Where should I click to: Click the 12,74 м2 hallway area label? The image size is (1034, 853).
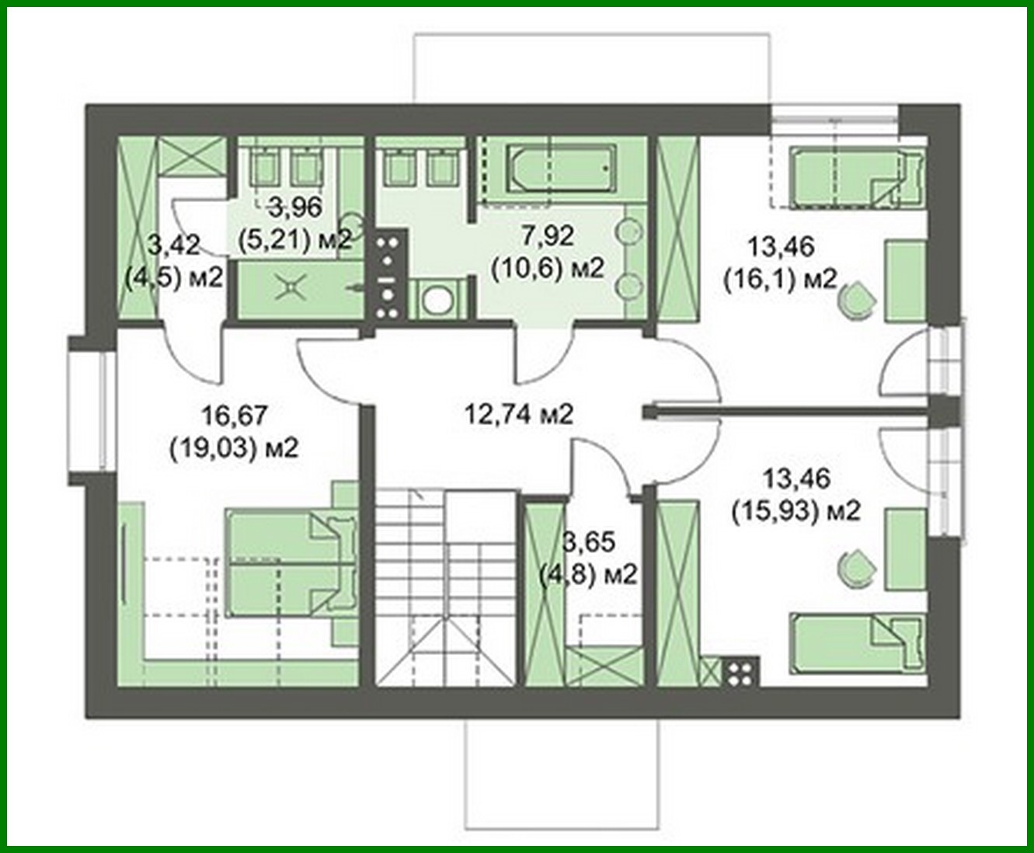[x=518, y=414]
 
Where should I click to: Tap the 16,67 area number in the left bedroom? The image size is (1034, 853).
[x=235, y=415]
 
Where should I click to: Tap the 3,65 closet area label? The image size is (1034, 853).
[x=590, y=542]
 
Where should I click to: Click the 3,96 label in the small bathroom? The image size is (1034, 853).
[x=295, y=207]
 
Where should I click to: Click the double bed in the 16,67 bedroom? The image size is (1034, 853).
[x=291, y=564]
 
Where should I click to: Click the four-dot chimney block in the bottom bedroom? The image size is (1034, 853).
[x=741, y=672]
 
